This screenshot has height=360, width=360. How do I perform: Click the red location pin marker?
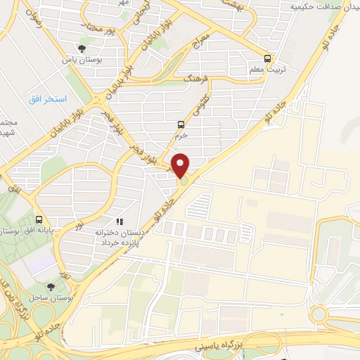[x=181, y=165]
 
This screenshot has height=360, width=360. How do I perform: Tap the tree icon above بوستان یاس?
[x=83, y=49]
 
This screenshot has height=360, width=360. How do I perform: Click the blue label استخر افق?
[x=48, y=99]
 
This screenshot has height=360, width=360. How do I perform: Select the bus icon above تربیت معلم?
[x=266, y=58]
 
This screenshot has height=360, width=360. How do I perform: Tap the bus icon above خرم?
[x=181, y=125]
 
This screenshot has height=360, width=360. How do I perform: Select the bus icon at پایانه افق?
[x=40, y=218]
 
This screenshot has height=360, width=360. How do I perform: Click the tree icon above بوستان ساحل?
[x=51, y=287]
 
